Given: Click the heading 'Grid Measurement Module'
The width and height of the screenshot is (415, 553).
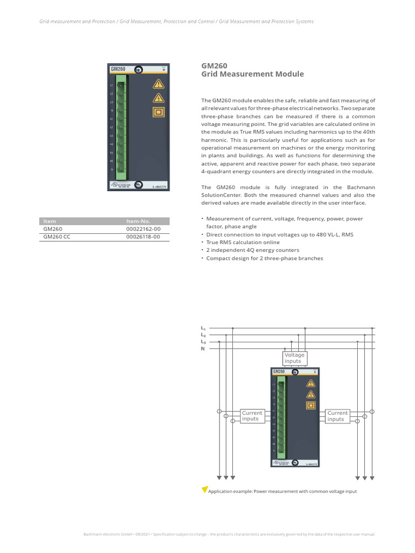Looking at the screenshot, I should (x=252, y=74).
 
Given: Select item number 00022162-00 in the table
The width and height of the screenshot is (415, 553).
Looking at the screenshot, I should (x=143, y=229).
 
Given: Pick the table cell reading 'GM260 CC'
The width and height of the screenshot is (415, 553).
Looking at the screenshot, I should (x=57, y=237).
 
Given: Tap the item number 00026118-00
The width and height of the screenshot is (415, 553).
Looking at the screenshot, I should (x=143, y=237).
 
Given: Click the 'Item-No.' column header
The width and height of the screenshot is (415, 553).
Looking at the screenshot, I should (x=138, y=221).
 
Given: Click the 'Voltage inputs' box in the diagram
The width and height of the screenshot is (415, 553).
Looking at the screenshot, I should (x=294, y=358).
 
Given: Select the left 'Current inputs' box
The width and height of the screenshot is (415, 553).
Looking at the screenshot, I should (x=252, y=416).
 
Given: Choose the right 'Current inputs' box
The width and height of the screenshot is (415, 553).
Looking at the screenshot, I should (x=337, y=416).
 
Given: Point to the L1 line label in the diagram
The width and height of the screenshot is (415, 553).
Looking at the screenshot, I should (x=203, y=328).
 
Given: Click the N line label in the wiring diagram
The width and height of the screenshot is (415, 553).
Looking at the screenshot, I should (x=203, y=349).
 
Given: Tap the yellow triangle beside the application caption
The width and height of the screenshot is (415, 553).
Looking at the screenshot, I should (x=204, y=489).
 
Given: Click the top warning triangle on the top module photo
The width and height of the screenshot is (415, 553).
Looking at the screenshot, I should (x=158, y=84).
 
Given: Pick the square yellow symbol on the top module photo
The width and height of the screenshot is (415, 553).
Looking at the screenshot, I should (x=158, y=112).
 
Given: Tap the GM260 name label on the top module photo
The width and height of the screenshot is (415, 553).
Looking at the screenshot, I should (x=118, y=69).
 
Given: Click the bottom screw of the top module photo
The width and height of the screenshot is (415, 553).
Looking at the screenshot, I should (x=138, y=185).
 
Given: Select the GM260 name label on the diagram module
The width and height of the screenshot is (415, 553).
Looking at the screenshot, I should (x=279, y=372).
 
